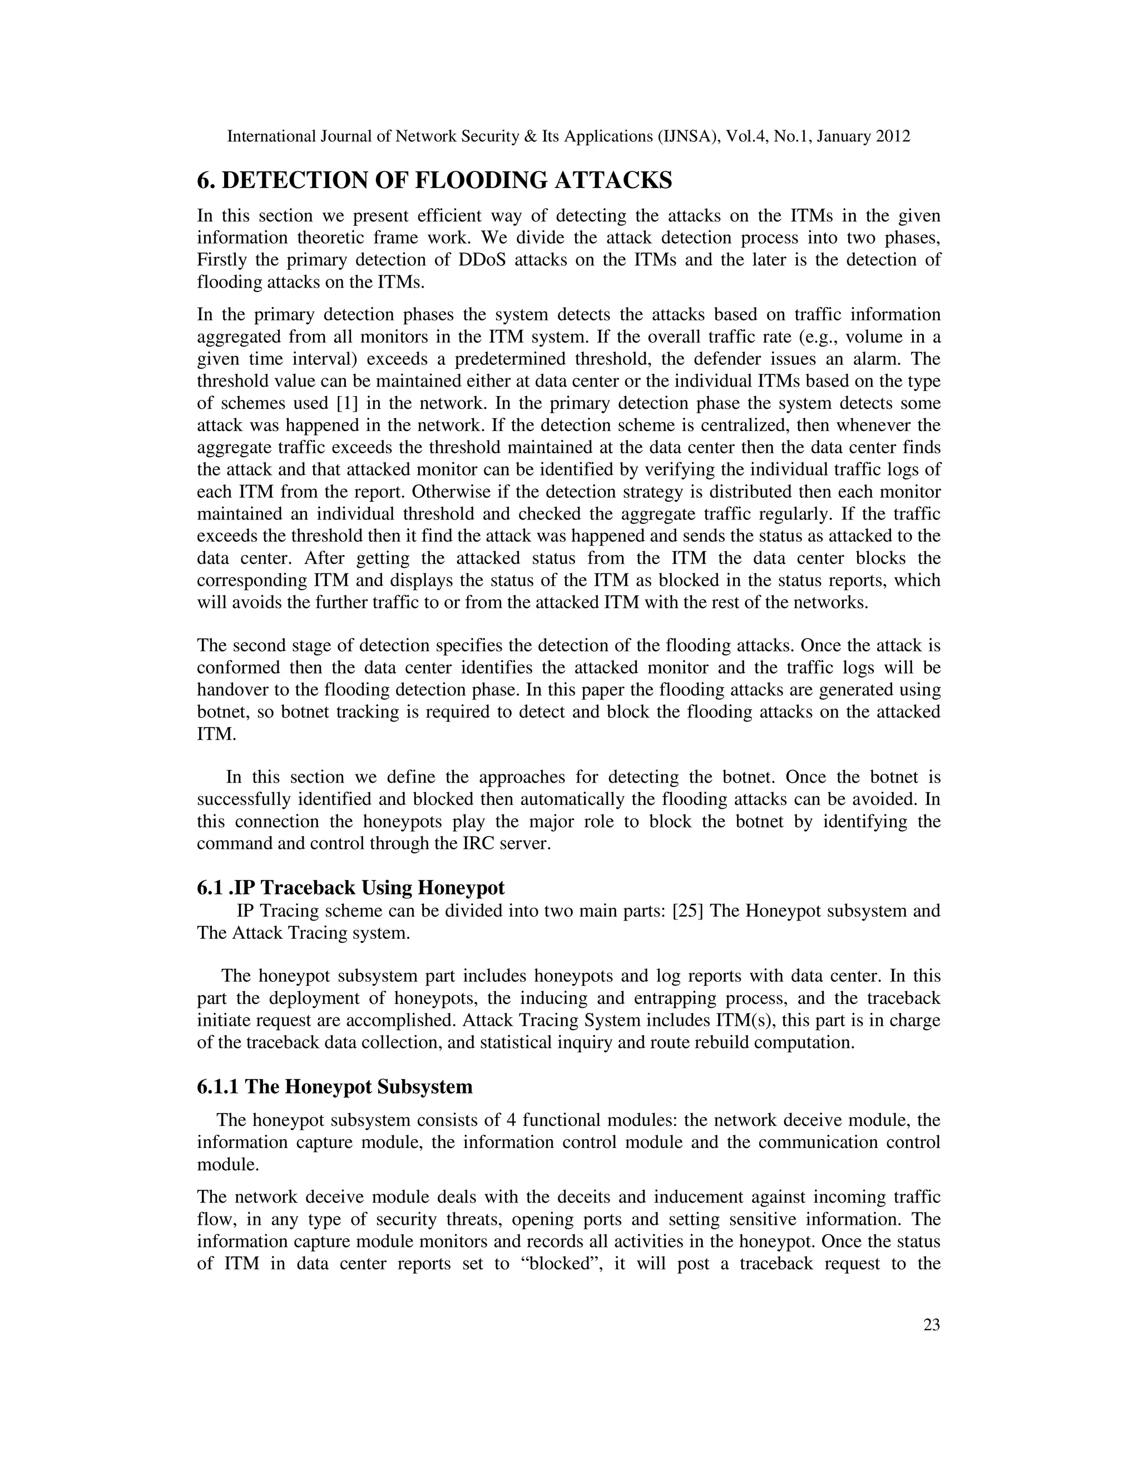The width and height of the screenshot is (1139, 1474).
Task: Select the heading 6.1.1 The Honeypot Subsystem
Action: point(335,1087)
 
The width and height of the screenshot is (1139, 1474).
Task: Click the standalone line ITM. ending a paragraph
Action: point(216,734)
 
